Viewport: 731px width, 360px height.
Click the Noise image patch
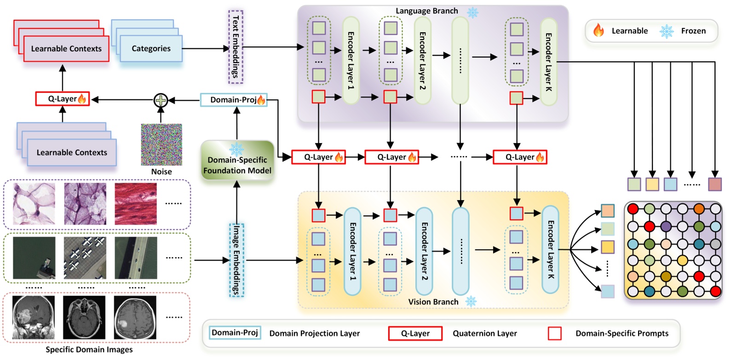[161, 144]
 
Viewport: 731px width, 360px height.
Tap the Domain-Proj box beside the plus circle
[234, 100]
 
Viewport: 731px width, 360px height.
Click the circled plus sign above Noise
[161, 100]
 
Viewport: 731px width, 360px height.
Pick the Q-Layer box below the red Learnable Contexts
[62, 99]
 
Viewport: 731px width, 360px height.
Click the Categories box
[151, 49]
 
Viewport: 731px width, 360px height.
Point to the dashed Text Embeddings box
[236, 46]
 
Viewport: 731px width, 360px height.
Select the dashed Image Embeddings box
[236, 260]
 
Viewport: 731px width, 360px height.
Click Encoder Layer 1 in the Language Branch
[351, 60]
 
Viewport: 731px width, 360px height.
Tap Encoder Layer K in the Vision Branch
[550, 249]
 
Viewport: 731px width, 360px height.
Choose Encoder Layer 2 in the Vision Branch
[424, 251]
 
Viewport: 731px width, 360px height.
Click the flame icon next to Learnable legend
[598, 31]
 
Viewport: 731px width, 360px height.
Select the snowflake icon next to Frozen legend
[666, 31]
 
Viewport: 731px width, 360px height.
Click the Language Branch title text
[426, 11]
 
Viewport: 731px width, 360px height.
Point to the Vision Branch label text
[433, 302]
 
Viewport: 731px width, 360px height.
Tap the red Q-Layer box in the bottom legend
[415, 333]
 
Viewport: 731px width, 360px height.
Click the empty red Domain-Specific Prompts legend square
[555, 333]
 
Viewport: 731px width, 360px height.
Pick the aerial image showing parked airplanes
[85, 257]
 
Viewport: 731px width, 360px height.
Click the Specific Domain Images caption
[89, 349]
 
